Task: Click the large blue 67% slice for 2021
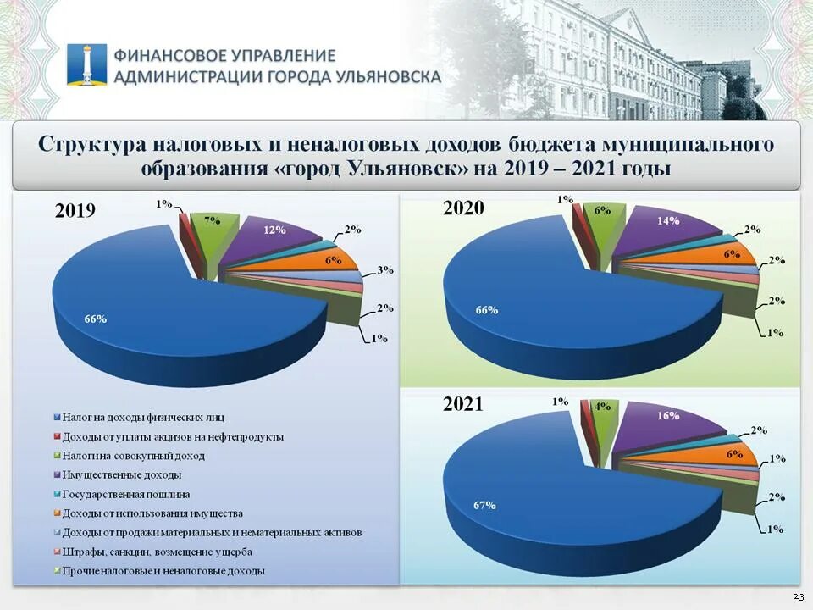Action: (x=542, y=500)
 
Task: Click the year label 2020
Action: (x=463, y=208)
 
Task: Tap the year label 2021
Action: (x=463, y=405)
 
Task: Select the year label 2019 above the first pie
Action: (x=75, y=211)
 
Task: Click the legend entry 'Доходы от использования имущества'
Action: (x=152, y=513)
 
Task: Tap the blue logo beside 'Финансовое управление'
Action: (x=87, y=64)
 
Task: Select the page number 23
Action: (x=799, y=597)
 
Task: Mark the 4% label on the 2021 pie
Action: (x=603, y=407)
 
